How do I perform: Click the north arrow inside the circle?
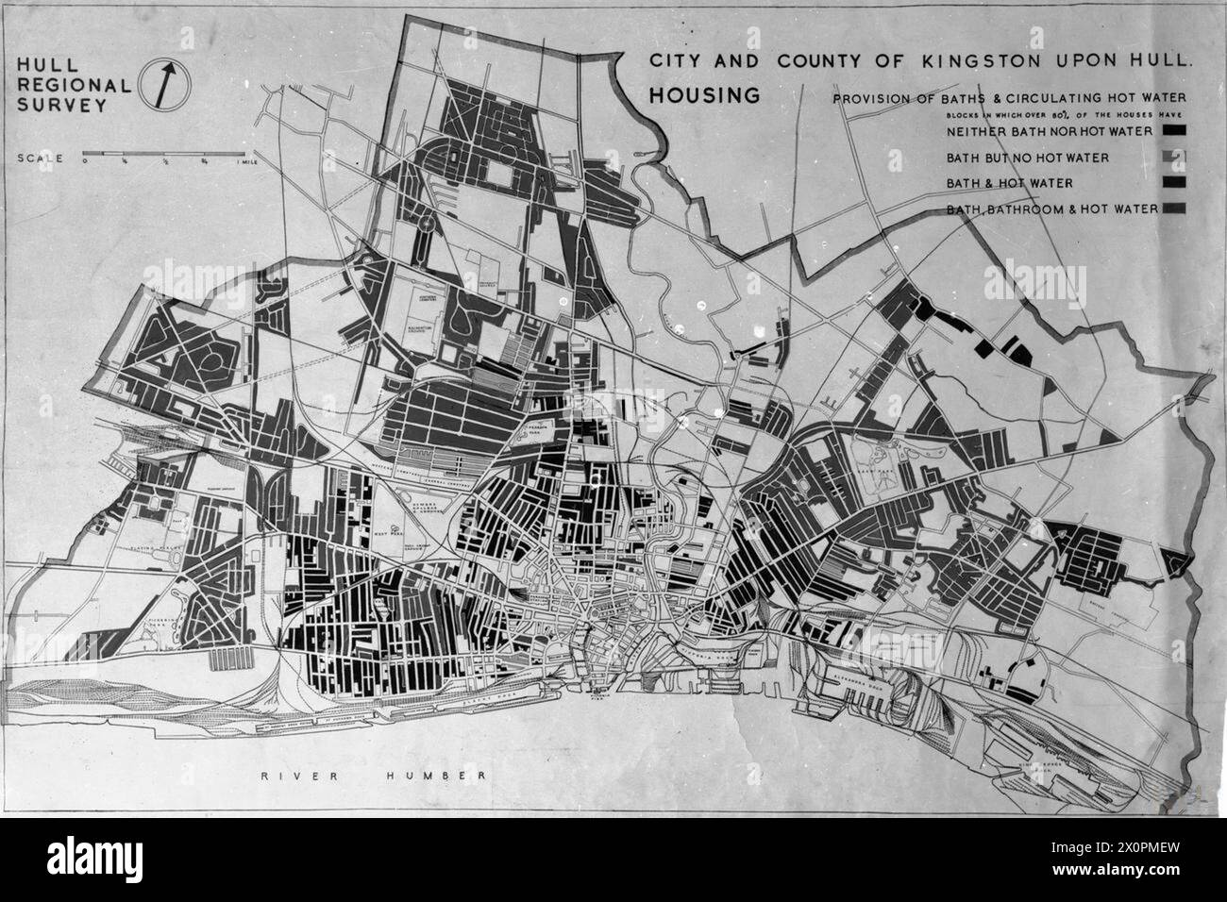[x=166, y=83]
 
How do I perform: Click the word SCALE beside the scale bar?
[x=42, y=159]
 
